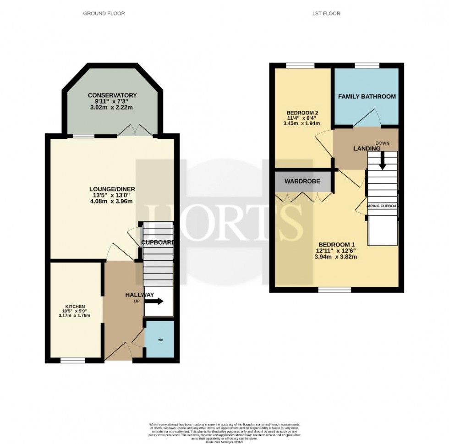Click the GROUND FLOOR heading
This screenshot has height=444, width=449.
104,14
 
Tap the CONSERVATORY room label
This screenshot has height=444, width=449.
112,95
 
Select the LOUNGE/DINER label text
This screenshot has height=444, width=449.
112,189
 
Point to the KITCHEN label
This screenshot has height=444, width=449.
75,307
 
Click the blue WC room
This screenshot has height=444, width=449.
159,340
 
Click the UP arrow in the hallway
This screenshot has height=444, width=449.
154,301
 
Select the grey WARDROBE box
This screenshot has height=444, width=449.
302,181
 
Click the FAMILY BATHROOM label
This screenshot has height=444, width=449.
367,97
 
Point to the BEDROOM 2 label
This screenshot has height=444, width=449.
302,113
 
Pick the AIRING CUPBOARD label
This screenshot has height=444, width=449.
383,206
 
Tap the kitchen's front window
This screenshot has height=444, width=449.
73,361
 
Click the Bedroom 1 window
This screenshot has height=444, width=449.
335,290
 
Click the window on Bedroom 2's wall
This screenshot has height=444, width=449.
301,66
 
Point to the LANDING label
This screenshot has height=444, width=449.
367,149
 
